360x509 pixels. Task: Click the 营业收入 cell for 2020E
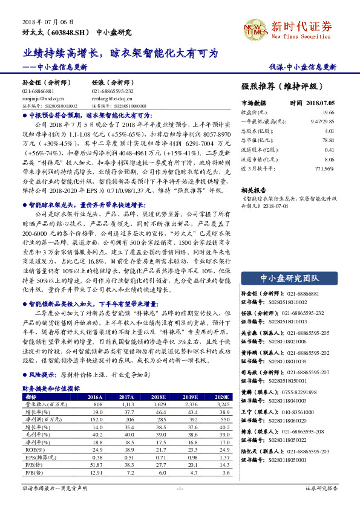coord(221,403)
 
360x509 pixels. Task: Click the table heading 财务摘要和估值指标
coord(51,389)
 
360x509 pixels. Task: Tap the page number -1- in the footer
coord(180,488)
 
